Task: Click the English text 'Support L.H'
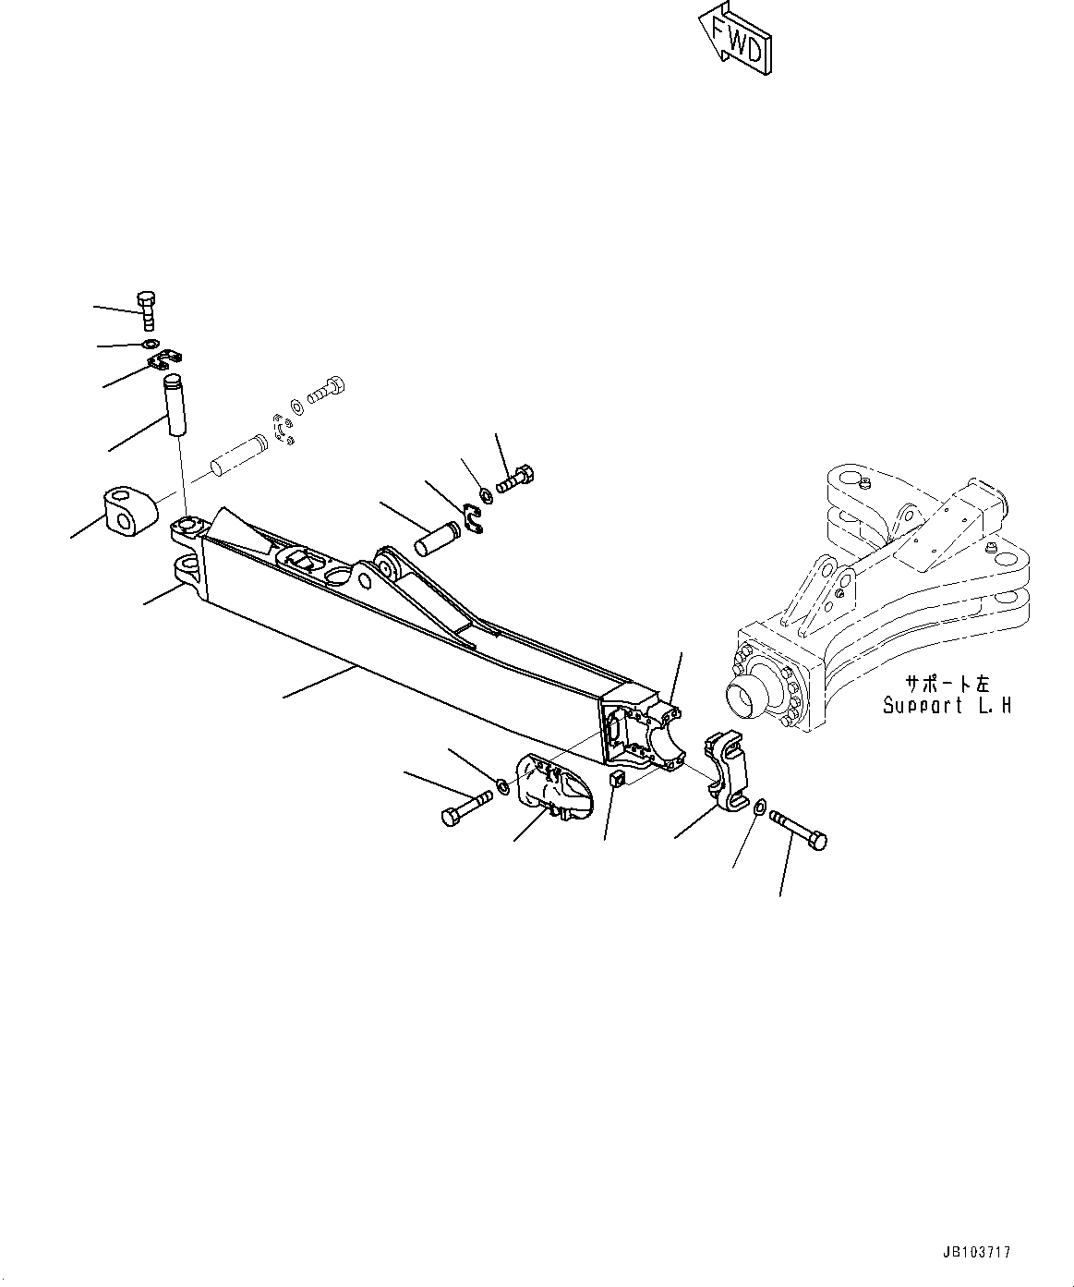946,706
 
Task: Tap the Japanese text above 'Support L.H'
946,684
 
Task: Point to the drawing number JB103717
977,1253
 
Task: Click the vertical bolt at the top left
146,310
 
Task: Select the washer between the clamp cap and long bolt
759,807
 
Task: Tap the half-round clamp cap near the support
726,771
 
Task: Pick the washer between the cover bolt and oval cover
503,787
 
